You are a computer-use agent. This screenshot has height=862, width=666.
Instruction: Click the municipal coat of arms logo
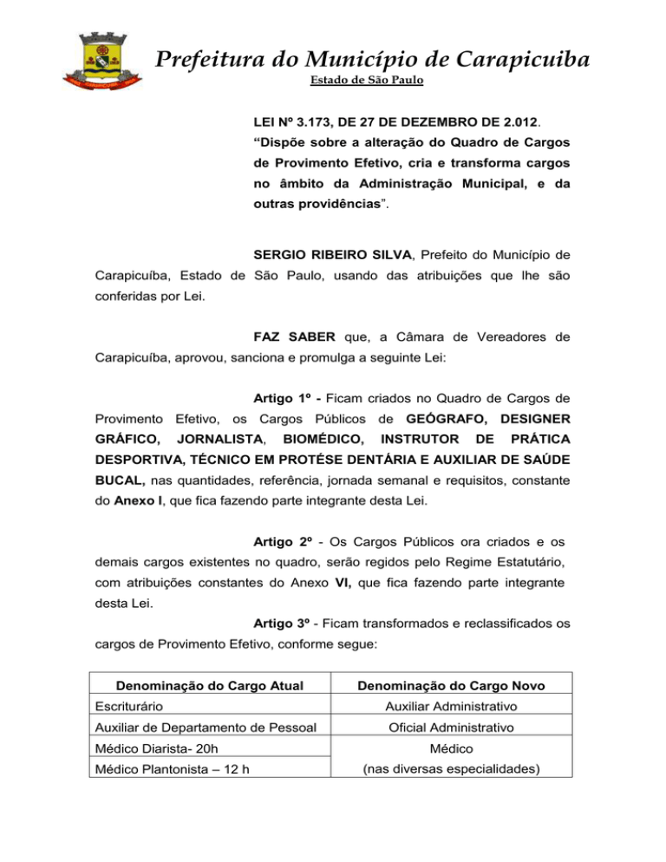(x=103, y=61)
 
